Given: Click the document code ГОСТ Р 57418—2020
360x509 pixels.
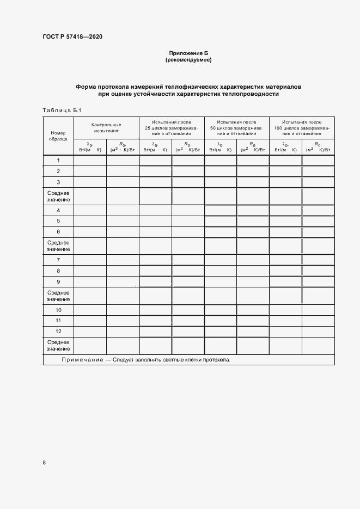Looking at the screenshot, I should coord(72,37).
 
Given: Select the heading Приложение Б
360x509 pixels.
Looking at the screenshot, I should coord(188,53).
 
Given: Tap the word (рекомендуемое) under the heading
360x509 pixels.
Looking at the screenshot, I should coord(188,60).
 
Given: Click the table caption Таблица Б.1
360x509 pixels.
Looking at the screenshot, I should coord(62,111).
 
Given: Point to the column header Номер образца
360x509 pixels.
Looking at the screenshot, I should coord(58,136).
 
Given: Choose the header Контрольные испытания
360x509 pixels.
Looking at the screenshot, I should coord(106,127).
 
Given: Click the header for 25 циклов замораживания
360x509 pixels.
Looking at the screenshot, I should coord(172,127).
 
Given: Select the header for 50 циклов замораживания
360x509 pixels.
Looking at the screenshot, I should coord(236,127).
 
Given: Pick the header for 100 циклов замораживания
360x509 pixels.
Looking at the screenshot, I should coord(302,127).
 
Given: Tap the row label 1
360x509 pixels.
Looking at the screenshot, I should coord(58,160).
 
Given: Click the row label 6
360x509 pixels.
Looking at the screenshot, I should coord(58,232).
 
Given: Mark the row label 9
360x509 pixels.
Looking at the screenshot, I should coord(58,281).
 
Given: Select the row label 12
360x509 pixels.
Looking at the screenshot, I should coord(58,331).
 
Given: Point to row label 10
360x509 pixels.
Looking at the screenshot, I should coord(58,309).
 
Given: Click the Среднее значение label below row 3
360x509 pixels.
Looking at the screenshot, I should coord(58,196).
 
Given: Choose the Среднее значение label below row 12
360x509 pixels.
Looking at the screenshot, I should coord(58,345).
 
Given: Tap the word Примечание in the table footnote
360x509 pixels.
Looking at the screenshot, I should coord(82,360).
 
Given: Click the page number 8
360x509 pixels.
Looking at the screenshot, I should coord(44,462).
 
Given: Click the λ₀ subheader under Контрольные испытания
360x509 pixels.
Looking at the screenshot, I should coord(90,146).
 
